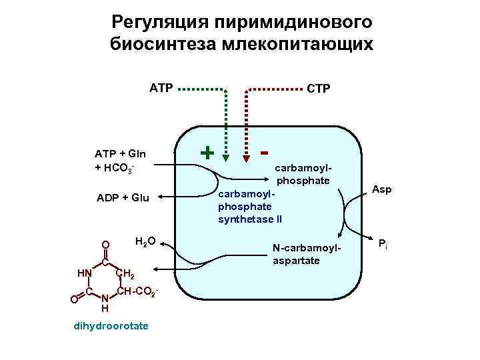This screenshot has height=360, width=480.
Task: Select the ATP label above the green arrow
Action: click(161, 87)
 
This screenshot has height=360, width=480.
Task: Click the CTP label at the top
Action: click(318, 89)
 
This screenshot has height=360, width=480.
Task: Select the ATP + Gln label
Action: click(120, 155)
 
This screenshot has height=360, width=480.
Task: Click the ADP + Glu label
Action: click(123, 197)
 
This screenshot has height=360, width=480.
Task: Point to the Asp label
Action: click(382, 190)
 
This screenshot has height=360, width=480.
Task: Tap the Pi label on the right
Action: click(383, 243)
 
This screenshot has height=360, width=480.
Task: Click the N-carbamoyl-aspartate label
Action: click(306, 254)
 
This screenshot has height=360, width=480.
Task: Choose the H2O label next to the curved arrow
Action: click(145, 241)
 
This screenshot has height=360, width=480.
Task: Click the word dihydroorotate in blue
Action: click(112, 325)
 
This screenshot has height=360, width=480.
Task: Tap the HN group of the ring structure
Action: click(84, 273)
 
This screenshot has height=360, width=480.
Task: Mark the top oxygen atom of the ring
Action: click(105, 245)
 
